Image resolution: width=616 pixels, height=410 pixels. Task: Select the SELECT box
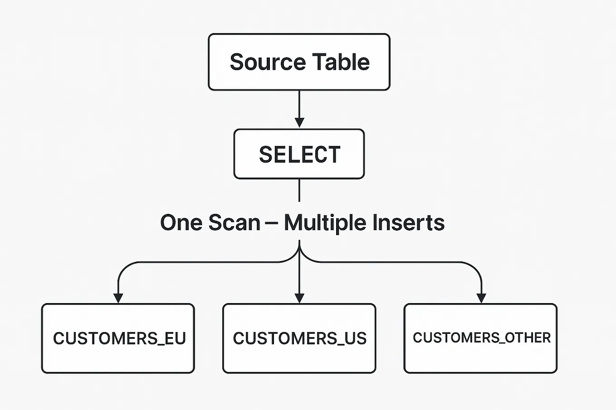(299, 154)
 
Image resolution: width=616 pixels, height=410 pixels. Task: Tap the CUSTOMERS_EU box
(118, 338)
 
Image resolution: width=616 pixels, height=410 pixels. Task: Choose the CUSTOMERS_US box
(299, 338)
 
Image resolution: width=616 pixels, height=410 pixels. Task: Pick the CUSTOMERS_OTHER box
(480, 338)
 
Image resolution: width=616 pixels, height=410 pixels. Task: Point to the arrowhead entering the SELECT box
(299, 123)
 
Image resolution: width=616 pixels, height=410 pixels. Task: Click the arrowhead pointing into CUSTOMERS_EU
(118, 298)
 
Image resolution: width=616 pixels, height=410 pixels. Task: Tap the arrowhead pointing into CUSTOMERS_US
(299, 298)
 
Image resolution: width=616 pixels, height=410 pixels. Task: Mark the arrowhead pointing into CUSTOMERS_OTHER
(481, 298)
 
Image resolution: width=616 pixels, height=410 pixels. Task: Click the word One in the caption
(181, 223)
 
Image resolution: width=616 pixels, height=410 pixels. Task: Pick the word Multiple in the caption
(325, 223)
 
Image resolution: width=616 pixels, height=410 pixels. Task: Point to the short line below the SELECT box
(299, 190)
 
